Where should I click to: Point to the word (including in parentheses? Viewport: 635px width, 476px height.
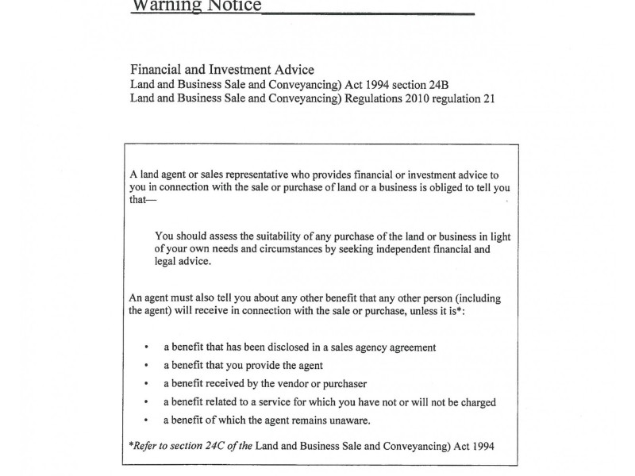pyautogui.click(x=474, y=298)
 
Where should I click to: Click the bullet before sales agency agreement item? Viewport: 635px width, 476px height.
pyautogui.click(x=147, y=347)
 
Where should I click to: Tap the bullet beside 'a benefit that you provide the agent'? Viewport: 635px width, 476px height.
pyautogui.click(x=147, y=366)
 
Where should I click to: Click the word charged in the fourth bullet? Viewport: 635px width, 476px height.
pyautogui.click(x=475, y=402)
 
